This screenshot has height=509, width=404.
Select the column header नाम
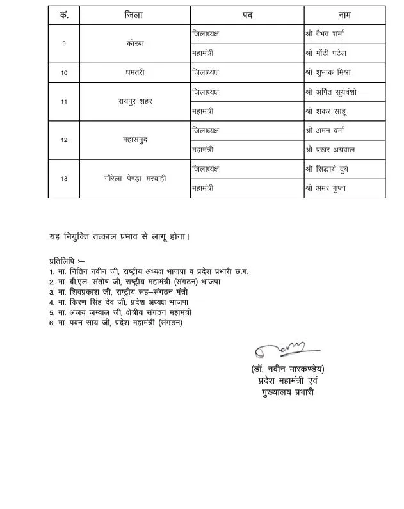[344, 15]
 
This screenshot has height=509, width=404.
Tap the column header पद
[247, 15]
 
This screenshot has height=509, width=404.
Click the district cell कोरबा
[135, 44]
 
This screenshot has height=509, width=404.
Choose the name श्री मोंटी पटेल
[330, 53]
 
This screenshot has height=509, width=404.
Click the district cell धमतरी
[135, 73]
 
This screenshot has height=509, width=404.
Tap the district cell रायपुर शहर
[135, 101]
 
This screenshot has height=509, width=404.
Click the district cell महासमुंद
[135, 140]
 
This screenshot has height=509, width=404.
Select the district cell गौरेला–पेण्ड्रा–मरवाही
[135, 179]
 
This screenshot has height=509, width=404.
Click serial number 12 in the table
[64, 140]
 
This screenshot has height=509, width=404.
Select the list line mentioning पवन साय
[119, 323]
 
